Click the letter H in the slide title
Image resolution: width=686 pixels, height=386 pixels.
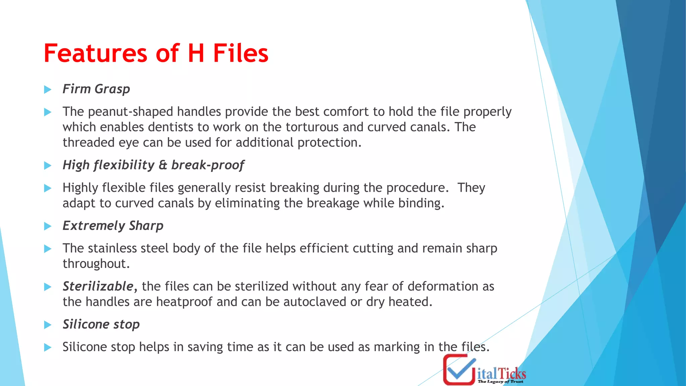coord(196,54)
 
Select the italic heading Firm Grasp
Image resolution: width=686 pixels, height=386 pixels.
coord(96,89)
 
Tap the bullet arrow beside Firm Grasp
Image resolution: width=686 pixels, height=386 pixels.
coord(48,89)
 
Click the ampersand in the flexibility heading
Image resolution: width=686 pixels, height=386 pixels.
coord(163,165)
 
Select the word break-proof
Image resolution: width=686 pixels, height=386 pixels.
coord(207,165)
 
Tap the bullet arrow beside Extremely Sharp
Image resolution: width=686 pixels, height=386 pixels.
coord(48,226)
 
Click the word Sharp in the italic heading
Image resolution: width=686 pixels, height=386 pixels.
coord(146,226)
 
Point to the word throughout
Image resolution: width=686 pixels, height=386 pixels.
coord(96,264)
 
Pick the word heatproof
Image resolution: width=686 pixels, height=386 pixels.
coord(184,302)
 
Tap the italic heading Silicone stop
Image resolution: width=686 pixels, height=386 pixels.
coord(101,324)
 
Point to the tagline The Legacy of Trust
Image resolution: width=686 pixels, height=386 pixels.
coord(500,382)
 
